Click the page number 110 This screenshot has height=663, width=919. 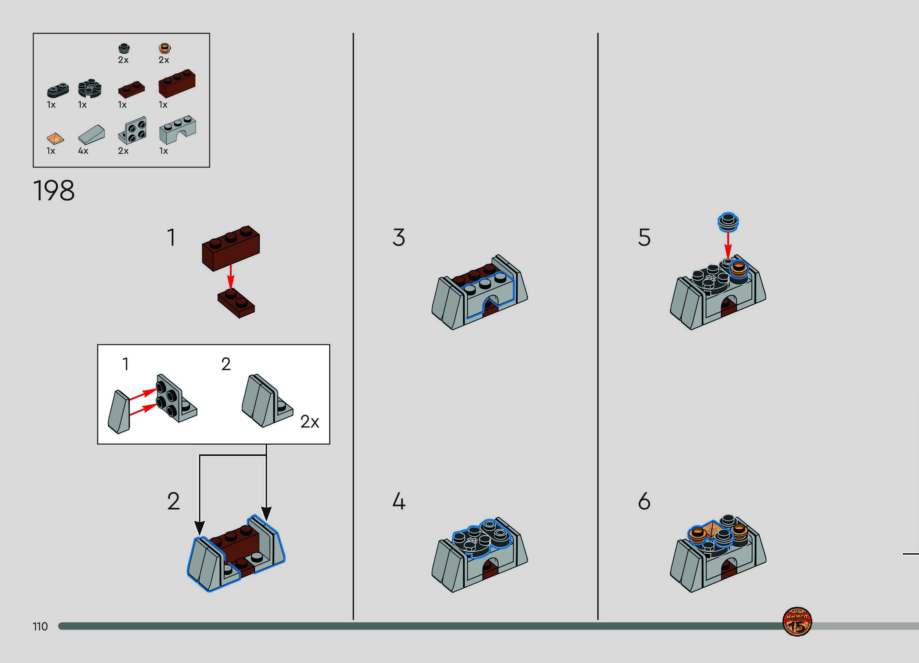pyautogui.click(x=40, y=627)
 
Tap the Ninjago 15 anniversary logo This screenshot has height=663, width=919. pyautogui.click(x=797, y=622)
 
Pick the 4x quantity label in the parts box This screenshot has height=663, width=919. pyautogui.click(x=83, y=151)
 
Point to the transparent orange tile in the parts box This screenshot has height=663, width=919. pyautogui.click(x=55, y=139)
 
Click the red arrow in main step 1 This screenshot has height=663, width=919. pyautogui.click(x=231, y=277)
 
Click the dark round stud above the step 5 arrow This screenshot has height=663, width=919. pyautogui.click(x=728, y=222)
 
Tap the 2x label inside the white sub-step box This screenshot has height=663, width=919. pyautogui.click(x=310, y=422)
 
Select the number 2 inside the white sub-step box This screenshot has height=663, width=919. pyautogui.click(x=226, y=364)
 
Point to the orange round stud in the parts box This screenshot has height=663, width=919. pyautogui.click(x=164, y=49)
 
